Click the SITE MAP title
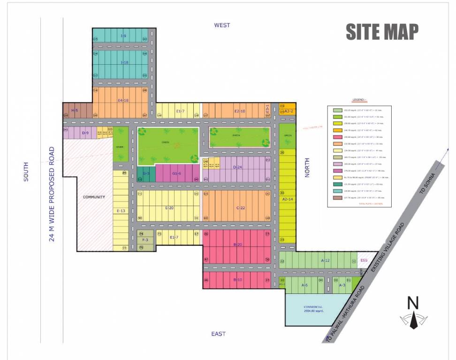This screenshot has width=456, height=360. (382, 31)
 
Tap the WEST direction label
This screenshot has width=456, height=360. (222, 25)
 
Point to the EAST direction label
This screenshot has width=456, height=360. (218, 334)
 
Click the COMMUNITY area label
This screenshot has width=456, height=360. (94, 197)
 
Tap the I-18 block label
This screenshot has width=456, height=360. (124, 62)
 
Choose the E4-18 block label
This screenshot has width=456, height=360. (123, 100)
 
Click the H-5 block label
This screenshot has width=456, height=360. (74, 110)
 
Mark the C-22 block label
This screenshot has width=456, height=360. (241, 208)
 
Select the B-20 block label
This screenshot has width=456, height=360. (237, 245)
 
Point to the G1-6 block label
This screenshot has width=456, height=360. (176, 173)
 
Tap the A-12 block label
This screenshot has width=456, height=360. (326, 260)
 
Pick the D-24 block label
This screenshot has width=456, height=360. (237, 167)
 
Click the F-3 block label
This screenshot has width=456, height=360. (145, 240)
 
